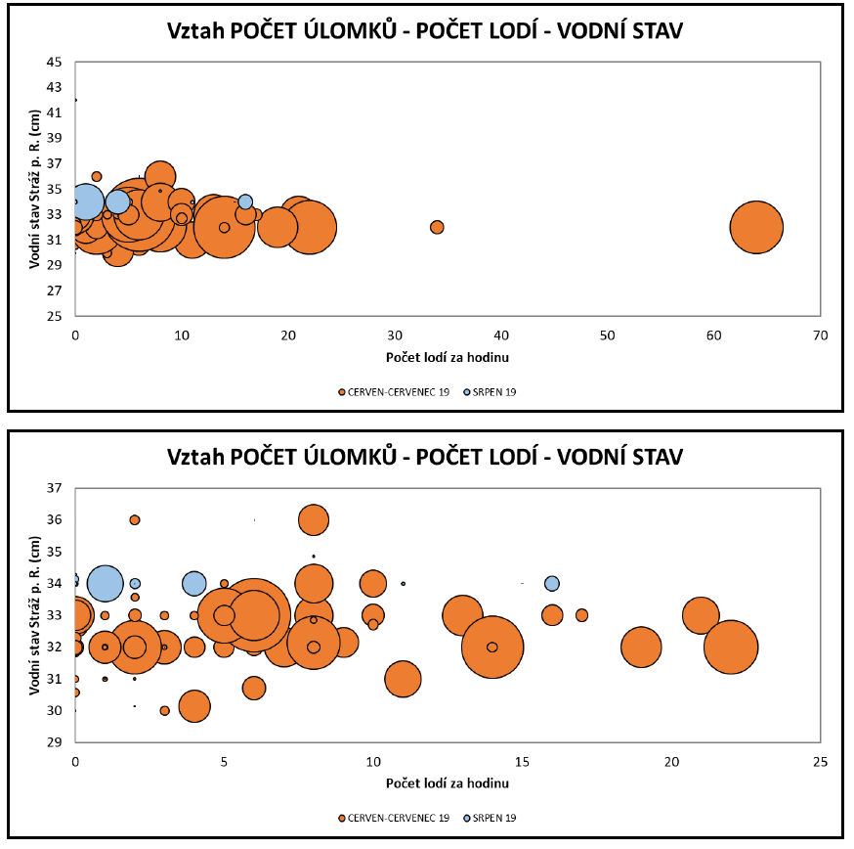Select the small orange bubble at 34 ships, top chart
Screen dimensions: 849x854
click(437, 227)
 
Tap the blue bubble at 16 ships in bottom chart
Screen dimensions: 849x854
click(552, 584)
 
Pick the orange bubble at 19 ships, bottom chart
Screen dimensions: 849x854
click(641, 648)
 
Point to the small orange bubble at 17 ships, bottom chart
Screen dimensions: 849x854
click(581, 615)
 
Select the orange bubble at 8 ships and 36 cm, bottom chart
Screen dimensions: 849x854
click(314, 519)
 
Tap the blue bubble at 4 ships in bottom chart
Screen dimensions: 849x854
click(194, 584)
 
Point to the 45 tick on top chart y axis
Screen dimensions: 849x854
click(54, 62)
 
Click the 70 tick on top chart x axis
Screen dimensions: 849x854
click(820, 335)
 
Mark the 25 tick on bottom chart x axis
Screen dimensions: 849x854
click(820, 761)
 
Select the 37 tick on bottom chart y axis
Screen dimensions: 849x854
click(54, 487)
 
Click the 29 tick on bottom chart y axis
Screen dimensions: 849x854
click(54, 742)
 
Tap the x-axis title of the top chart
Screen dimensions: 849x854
click(448, 358)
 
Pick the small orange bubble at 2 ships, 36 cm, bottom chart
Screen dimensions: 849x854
click(135, 519)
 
